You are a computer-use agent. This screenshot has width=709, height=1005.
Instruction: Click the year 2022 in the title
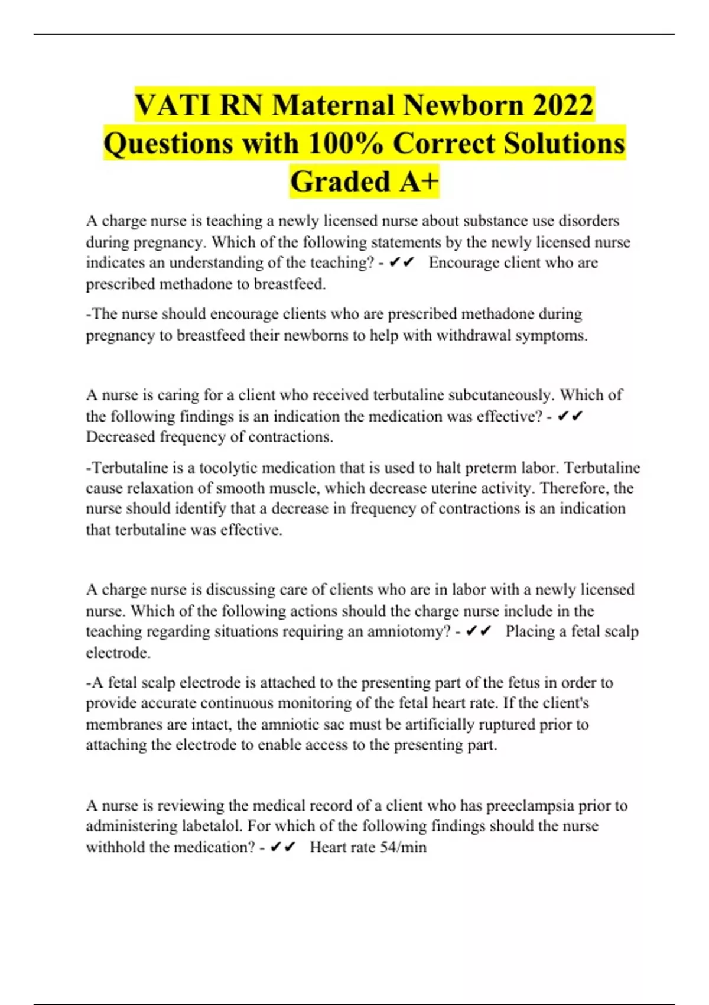coord(563,105)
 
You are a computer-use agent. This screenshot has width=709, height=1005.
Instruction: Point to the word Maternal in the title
coord(334,105)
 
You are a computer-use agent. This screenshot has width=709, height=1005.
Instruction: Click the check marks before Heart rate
coord(282,847)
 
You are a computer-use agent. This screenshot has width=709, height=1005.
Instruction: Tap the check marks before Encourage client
coord(402,262)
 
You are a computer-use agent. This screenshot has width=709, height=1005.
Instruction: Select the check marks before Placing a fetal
coord(479,631)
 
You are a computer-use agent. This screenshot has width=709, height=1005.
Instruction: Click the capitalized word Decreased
coord(121,437)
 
